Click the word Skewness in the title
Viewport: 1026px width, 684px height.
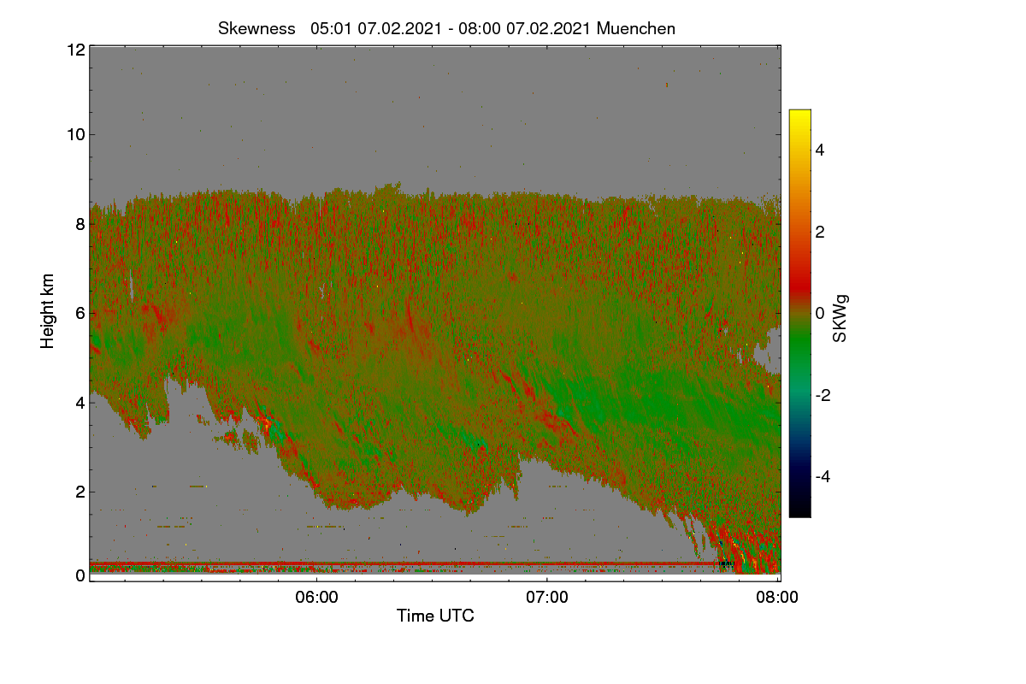click(256, 29)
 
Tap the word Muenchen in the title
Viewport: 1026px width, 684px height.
click(636, 29)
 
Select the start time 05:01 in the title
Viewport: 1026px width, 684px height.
click(331, 29)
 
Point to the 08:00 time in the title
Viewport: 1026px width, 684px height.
click(479, 29)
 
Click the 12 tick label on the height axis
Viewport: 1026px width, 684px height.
click(76, 50)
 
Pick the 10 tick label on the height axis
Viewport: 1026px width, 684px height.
click(76, 135)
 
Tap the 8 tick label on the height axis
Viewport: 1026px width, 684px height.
click(81, 224)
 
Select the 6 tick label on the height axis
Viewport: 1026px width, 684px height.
click(81, 314)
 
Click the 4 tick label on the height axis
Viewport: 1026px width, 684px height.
click(81, 404)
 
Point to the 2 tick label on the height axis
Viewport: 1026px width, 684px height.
click(81, 492)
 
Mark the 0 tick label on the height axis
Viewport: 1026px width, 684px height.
click(81, 576)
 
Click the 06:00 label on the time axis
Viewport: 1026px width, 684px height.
click(316, 598)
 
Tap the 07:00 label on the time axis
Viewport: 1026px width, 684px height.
click(547, 598)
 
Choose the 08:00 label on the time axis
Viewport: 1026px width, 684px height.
click(777, 598)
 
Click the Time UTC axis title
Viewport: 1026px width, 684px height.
click(435, 616)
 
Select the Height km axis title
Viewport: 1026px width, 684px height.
click(47, 311)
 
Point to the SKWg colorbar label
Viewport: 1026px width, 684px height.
click(840, 319)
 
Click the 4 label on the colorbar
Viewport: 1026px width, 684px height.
click(820, 150)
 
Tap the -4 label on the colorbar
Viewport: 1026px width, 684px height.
click(823, 477)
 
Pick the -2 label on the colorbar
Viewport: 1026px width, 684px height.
click(823, 395)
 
